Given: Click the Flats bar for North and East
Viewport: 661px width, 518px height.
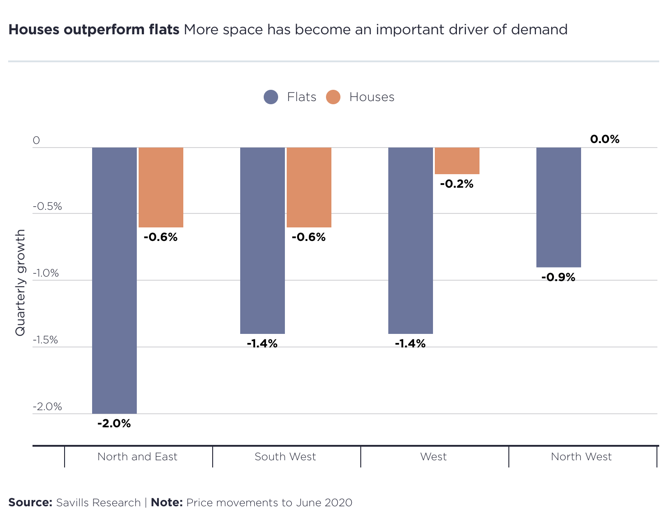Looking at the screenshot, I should click(114, 280).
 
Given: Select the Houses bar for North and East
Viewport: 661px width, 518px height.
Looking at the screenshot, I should click(161, 187).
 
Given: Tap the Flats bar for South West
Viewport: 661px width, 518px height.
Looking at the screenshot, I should click(262, 240).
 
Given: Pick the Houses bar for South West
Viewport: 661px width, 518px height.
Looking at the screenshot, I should click(309, 187).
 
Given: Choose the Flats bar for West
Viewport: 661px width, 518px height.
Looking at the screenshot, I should click(410, 240).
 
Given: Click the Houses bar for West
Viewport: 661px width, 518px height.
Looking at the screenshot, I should click(457, 161).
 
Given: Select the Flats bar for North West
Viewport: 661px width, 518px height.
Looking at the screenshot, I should click(559, 207).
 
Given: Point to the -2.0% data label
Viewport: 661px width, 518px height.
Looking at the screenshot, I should click(114, 424).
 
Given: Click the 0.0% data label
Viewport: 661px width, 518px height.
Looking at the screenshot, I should click(605, 139).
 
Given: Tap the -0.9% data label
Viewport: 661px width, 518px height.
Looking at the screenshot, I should click(558, 277).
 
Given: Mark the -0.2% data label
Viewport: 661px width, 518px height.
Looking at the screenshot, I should click(456, 184).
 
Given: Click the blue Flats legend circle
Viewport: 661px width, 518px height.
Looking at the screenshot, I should click(271, 97).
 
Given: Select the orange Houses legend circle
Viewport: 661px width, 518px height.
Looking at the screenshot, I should click(333, 97).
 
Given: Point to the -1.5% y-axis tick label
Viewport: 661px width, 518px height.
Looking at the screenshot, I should click(46, 340).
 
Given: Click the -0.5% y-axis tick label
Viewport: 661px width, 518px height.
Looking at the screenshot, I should click(47, 207).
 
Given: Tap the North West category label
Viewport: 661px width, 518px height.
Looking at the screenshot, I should click(581, 457).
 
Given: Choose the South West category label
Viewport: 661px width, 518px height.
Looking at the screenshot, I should click(285, 457).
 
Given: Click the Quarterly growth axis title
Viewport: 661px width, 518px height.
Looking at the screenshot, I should click(20, 282).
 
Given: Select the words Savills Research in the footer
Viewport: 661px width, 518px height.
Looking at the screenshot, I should click(98, 503).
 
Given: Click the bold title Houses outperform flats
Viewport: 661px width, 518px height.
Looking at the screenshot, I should click(94, 30).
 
